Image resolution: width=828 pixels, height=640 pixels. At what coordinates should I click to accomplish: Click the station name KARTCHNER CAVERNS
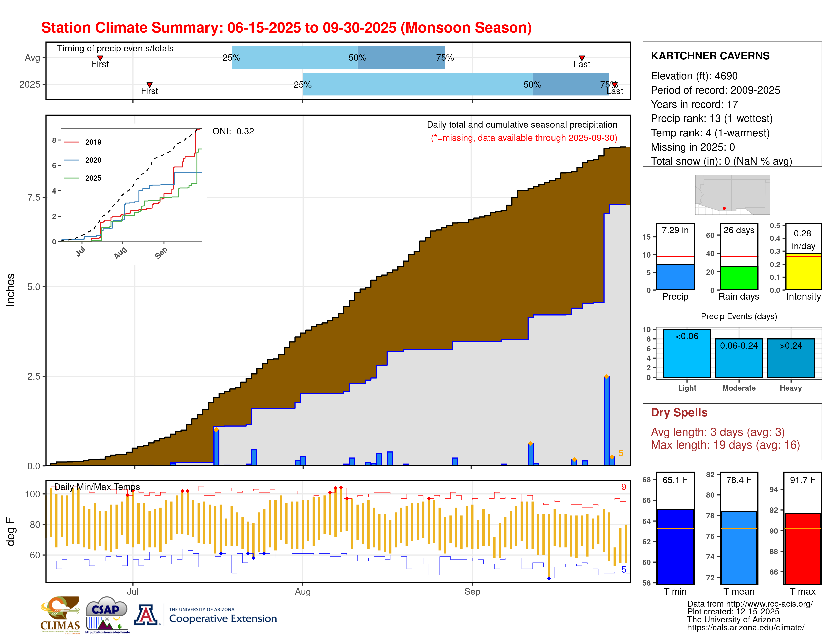click(710, 56)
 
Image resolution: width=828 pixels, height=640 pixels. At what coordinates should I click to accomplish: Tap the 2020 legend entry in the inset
click(93, 160)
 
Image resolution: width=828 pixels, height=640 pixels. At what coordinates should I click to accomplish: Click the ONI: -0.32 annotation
click(233, 131)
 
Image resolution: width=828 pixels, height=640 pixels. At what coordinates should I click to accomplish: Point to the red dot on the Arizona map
click(724, 208)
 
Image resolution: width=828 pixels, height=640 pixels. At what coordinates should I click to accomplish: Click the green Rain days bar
click(738, 278)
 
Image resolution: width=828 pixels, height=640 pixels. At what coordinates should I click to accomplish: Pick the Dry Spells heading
click(679, 413)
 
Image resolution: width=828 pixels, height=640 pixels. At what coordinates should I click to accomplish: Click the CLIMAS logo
click(60, 614)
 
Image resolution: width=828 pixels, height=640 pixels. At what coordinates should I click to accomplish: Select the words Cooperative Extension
click(223, 619)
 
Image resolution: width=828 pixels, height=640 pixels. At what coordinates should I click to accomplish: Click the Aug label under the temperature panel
click(303, 592)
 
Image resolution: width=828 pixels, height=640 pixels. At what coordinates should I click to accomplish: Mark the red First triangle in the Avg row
click(100, 58)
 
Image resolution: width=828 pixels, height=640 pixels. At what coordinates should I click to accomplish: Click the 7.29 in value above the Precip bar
click(675, 230)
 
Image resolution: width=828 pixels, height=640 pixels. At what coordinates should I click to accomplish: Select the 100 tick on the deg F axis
click(33, 494)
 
